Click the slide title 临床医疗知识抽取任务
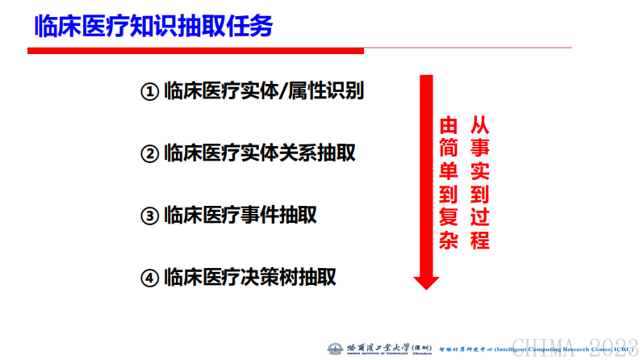click(153, 26)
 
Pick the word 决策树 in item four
click(267, 278)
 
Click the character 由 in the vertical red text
click(448, 126)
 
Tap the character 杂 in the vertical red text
click(448, 241)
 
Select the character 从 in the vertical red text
click(480, 126)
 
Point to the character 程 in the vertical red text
click(480, 241)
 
